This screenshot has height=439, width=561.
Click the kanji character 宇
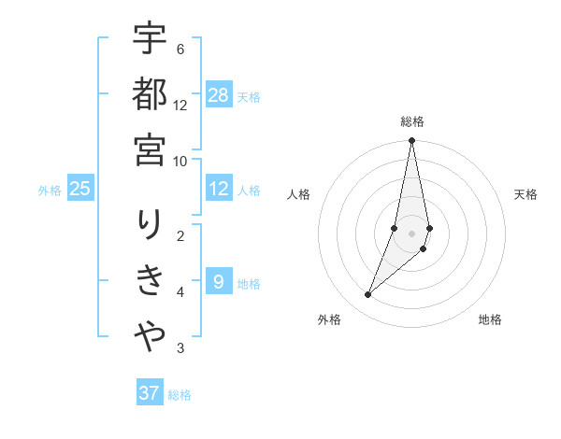click(150, 42)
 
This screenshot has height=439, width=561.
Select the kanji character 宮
click(150, 149)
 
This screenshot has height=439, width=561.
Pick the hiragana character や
click(150, 334)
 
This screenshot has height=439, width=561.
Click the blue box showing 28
click(219, 95)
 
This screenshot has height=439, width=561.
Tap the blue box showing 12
click(219, 189)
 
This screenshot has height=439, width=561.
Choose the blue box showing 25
click(79, 189)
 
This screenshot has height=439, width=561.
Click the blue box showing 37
click(150, 393)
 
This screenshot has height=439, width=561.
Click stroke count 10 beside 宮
click(180, 161)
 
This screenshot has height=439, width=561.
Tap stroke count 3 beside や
click(180, 349)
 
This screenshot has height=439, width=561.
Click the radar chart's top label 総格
click(412, 121)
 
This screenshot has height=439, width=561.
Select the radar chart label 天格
click(526, 194)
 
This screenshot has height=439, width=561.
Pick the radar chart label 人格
click(299, 194)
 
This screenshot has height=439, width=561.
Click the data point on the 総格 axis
click(412, 141)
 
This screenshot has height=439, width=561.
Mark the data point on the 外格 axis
click(368, 295)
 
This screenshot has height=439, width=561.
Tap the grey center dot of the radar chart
click(412, 234)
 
